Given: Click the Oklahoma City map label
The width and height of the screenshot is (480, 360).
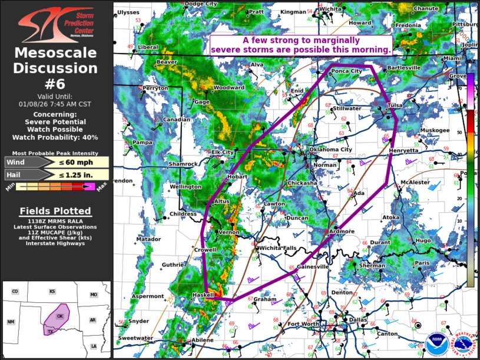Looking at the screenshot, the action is click(330, 150).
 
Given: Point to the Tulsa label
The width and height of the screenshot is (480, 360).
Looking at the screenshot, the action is click(395, 105).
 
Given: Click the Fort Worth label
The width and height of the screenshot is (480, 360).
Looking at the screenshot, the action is click(303, 324).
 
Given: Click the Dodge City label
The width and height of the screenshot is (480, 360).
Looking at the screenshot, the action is click(201, 4).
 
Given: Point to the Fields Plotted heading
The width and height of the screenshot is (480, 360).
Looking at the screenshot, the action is click(55, 211).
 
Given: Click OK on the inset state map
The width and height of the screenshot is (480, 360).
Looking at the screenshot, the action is click(59, 316).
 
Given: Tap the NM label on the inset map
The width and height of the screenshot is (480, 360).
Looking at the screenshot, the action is click(11, 322).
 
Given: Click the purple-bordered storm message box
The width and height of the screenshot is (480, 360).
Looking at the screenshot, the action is click(302, 45).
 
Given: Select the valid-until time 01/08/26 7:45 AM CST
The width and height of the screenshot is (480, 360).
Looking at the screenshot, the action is click(55, 104).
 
